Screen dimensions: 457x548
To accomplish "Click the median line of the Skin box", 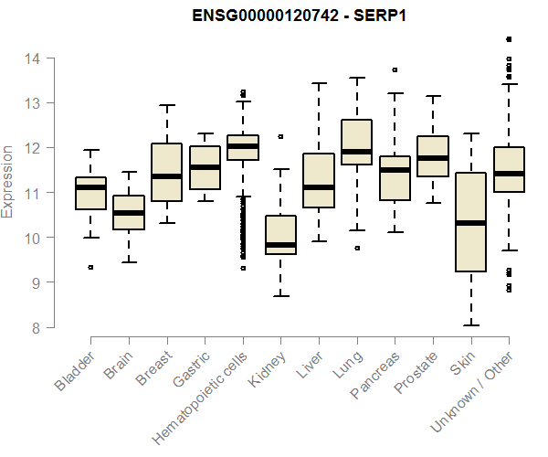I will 470,223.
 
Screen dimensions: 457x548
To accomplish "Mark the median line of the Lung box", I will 356,152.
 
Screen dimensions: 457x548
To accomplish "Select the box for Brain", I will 129,212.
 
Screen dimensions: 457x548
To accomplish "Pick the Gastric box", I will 205,167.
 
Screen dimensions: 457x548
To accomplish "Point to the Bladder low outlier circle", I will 90,267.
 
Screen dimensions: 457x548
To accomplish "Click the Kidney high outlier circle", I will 280,136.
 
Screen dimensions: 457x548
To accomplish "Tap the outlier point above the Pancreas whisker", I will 395,69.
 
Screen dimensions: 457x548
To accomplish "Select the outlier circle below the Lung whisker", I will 356,248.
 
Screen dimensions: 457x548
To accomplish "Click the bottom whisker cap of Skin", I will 470,324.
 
